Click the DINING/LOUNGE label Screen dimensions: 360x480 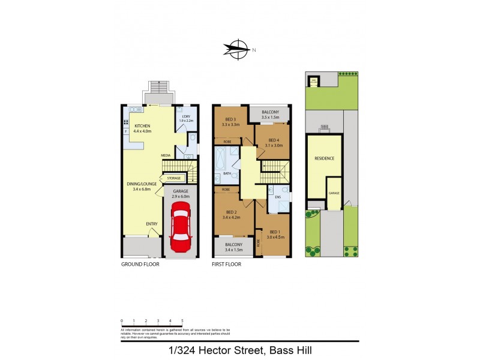tap(141, 184)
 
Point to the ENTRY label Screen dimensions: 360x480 tap(152, 224)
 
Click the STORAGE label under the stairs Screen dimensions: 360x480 tap(173, 178)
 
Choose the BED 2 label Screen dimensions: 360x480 tap(231, 212)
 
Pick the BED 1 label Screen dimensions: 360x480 tap(275, 232)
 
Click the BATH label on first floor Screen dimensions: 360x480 tap(227, 174)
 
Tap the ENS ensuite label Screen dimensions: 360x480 tap(278, 196)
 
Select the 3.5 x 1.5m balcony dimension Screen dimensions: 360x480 tap(270, 118)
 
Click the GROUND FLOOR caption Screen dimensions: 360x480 tap(140, 264)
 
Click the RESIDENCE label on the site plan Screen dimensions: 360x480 tap(324, 158)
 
